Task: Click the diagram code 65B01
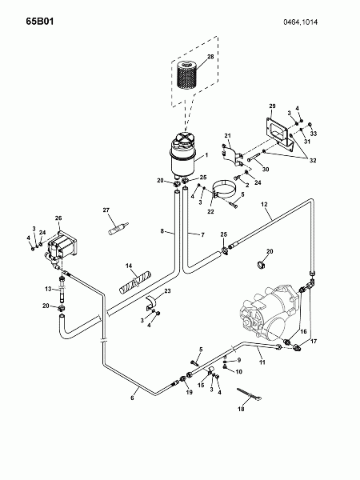point(40,22)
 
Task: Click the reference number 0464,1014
point(300,22)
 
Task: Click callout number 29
point(272,106)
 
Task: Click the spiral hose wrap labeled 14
point(135,282)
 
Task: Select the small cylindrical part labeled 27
point(119,228)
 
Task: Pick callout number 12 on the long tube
point(264,204)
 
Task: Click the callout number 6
point(132,398)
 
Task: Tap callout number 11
point(262,362)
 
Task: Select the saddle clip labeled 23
point(150,302)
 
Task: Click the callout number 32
point(313,161)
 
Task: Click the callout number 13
point(48,289)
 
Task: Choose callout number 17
point(314,341)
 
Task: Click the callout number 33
point(314,134)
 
